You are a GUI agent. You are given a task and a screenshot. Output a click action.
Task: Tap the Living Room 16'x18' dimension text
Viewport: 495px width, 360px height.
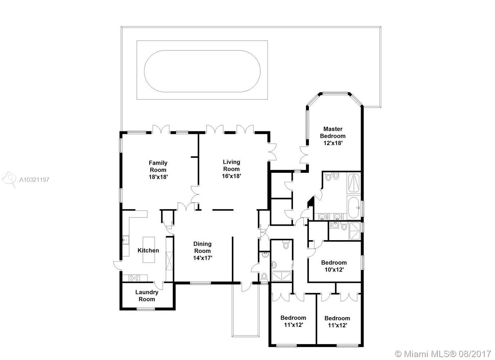231,176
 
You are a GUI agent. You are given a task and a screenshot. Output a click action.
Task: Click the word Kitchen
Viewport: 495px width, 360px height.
148,251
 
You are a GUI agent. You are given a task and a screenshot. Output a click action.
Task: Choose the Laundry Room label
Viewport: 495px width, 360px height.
147,296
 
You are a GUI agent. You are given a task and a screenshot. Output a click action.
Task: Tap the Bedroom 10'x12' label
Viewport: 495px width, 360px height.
334,266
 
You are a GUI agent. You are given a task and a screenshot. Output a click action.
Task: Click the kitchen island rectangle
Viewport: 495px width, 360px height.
149,250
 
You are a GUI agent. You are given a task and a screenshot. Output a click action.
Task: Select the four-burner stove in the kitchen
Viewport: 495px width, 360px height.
135,278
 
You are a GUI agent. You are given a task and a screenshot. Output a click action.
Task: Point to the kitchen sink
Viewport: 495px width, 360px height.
126,240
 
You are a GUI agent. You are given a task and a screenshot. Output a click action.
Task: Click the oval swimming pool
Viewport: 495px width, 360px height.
202,71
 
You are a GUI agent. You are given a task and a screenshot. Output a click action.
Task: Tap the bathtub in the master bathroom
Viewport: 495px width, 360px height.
354,207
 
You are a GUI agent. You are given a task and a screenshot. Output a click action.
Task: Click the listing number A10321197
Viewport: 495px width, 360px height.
34,180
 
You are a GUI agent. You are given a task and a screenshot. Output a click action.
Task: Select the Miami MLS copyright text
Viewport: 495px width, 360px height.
443,354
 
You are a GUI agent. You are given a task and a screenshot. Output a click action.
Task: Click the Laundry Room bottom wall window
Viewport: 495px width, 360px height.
146,309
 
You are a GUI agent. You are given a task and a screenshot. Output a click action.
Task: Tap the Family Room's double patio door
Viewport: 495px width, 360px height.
161,130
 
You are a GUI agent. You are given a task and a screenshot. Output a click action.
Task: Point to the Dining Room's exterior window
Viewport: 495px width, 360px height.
201,283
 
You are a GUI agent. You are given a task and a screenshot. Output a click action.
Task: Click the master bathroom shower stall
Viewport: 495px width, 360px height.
354,184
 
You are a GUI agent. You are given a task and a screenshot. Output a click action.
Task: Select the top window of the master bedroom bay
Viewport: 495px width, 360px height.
335,94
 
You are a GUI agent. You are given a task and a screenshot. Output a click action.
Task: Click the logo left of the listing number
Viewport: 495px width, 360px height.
9,179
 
